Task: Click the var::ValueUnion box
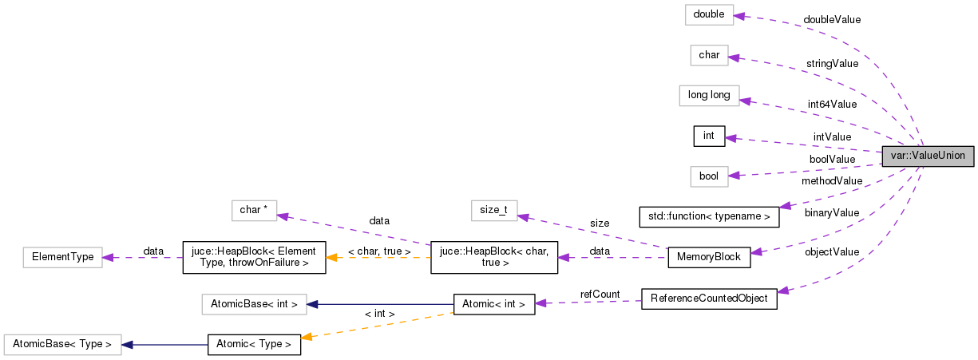click(928, 156)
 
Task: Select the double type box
click(708, 15)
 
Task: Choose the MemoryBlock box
click(708, 257)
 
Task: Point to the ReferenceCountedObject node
click(709, 299)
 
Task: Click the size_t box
click(493, 210)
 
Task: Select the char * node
click(254, 210)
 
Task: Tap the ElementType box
click(62, 257)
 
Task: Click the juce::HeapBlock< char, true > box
click(493, 257)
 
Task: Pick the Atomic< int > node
click(493, 304)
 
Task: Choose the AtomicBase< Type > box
click(62, 345)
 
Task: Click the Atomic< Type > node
click(254, 345)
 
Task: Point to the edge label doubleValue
click(832, 19)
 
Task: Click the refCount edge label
click(600, 295)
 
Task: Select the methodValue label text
click(832, 181)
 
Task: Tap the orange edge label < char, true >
click(379, 251)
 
